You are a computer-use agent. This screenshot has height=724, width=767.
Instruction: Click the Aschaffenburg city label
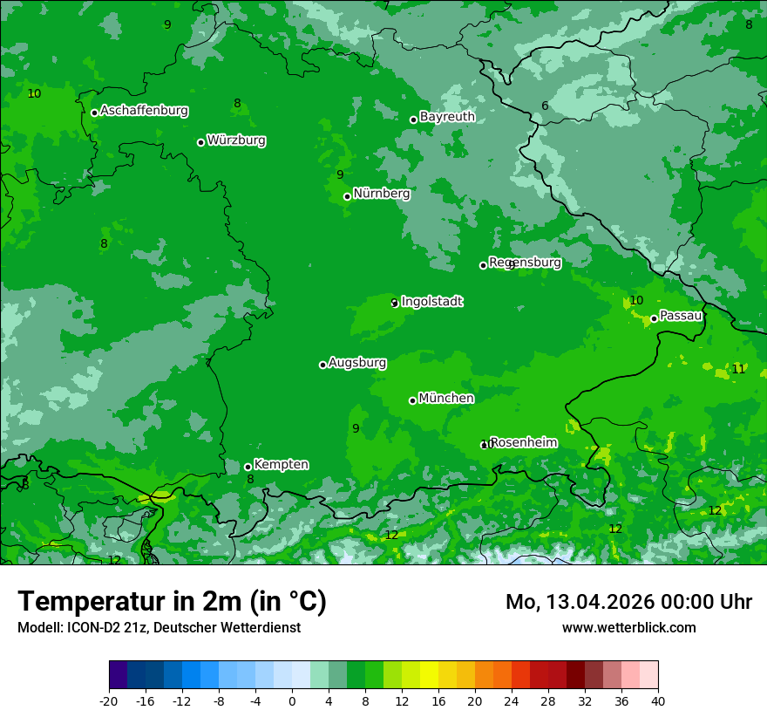[144, 111]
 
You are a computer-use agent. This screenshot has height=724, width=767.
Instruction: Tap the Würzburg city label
[236, 140]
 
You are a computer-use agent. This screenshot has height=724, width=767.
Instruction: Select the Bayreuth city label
[447, 117]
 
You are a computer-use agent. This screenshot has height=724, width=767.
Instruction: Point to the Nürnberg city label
[382, 194]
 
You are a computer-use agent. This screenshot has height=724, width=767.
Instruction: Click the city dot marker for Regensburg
[483, 265]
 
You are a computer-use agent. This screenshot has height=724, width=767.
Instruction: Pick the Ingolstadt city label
[431, 302]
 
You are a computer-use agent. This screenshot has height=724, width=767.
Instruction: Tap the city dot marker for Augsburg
[322, 365]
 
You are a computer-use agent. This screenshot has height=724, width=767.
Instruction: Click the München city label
[446, 399]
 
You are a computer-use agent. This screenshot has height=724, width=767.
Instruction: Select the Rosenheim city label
[523, 443]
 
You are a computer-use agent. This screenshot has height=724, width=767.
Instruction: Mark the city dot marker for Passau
[654, 318]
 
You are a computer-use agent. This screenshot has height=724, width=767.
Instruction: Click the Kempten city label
[281, 465]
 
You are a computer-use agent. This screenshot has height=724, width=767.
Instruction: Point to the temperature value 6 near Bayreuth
[545, 106]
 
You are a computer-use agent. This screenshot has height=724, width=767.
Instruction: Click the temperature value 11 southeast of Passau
[738, 369]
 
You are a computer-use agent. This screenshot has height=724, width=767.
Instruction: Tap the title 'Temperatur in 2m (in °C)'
[172, 602]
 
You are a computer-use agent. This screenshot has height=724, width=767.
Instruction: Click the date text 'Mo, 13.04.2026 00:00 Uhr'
[628, 602]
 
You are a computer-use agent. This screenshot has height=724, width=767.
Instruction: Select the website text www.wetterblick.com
[628, 627]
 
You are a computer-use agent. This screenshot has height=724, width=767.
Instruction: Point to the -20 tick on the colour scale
[109, 700]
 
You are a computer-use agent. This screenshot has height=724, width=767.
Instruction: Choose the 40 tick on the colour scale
[657, 700]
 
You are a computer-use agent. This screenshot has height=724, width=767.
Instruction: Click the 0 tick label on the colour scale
[292, 700]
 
